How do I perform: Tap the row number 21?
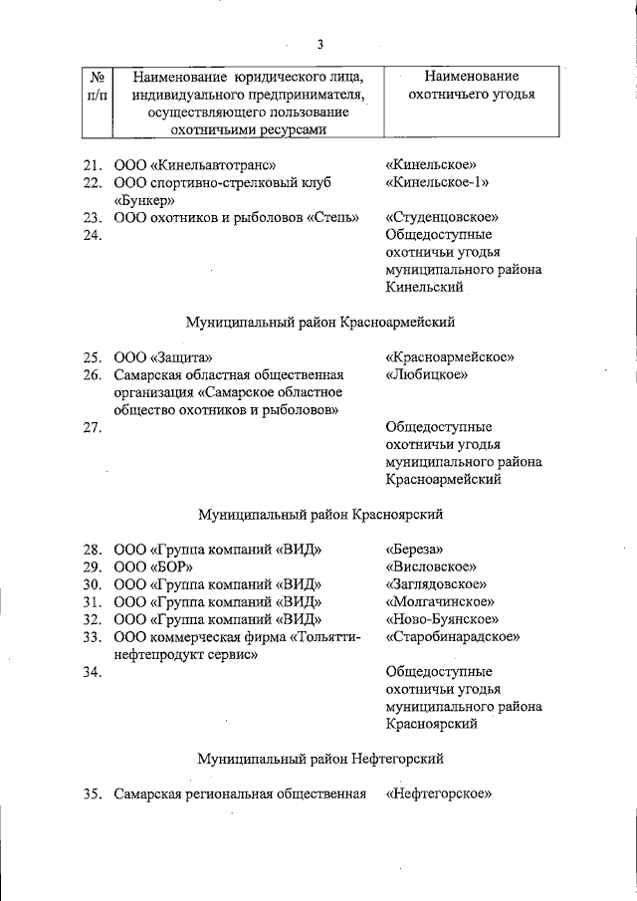coord(93,164)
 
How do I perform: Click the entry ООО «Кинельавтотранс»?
coord(194,164)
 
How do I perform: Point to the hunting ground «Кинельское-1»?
coord(437,183)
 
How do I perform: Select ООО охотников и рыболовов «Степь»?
coord(236,217)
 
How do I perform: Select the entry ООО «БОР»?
coord(152,566)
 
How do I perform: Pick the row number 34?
coord(93,672)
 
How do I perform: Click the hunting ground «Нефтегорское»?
coord(440,794)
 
